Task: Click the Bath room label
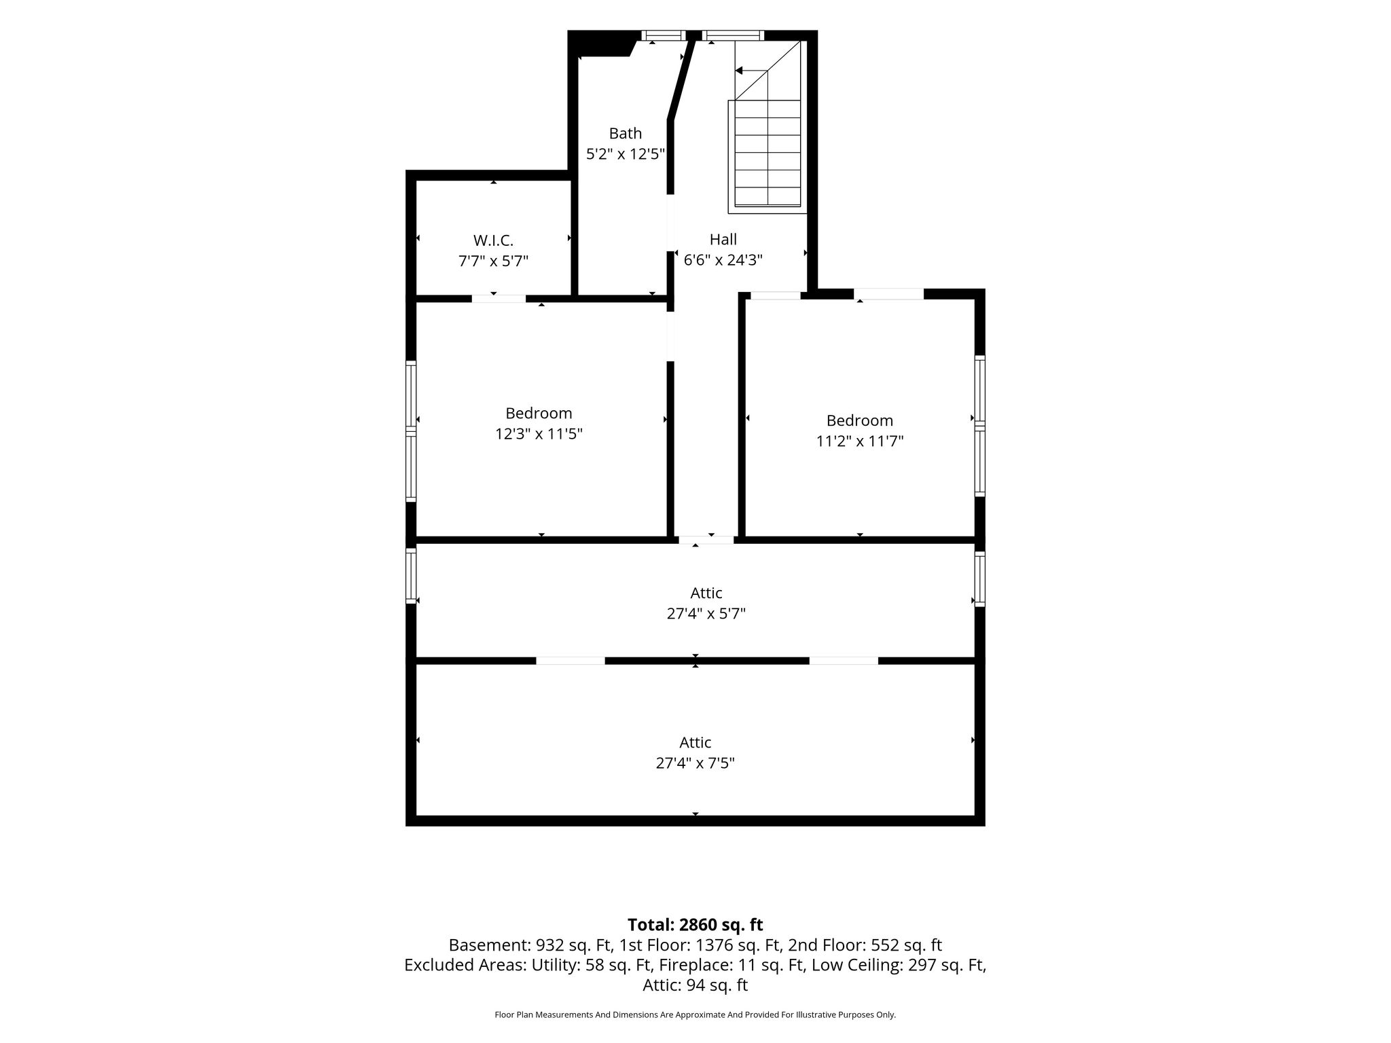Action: tap(625, 133)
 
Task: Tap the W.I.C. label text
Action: tap(493, 240)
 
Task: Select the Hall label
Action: tap(723, 239)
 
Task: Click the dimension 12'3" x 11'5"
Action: tap(539, 433)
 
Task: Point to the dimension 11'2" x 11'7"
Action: tap(859, 441)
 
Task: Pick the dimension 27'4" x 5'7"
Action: tap(706, 613)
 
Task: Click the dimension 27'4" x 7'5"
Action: tap(695, 763)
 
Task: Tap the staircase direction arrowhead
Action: tap(739, 71)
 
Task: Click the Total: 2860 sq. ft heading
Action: tap(695, 924)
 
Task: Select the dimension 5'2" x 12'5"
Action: tap(625, 154)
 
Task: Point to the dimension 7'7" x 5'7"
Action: tap(493, 261)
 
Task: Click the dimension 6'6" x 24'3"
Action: tap(723, 259)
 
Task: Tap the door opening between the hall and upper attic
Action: tap(706, 540)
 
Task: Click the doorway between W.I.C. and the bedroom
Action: tap(499, 298)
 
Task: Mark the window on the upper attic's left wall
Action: tap(410, 576)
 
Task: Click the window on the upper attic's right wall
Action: tap(979, 579)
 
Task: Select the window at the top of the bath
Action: tap(664, 35)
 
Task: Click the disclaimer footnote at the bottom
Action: tap(695, 1014)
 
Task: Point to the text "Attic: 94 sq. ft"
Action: tap(695, 985)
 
